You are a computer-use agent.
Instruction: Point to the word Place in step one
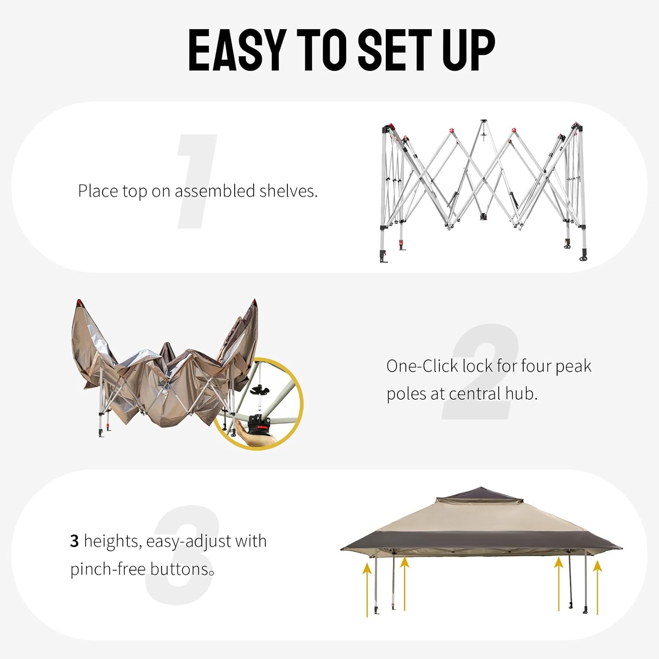98,191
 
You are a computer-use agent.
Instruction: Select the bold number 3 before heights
74,541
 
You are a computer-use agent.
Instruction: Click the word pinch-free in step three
108,569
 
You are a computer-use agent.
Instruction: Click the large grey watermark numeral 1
196,181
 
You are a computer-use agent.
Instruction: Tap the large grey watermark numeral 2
481,371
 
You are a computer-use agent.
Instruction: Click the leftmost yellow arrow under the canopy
367,589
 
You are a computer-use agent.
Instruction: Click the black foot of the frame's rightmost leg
584,257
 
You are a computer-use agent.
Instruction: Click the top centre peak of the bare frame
483,121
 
